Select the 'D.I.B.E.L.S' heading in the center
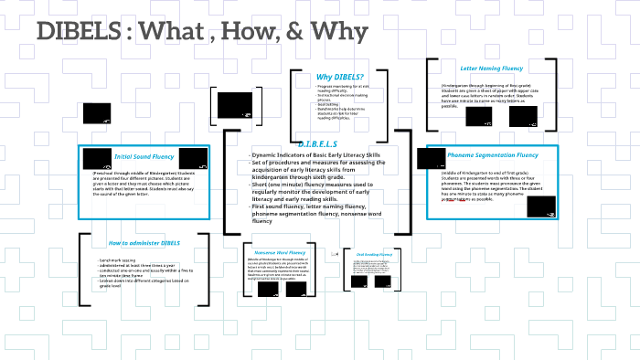point(317,144)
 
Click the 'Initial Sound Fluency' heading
point(144,156)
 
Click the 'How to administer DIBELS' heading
point(144,243)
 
